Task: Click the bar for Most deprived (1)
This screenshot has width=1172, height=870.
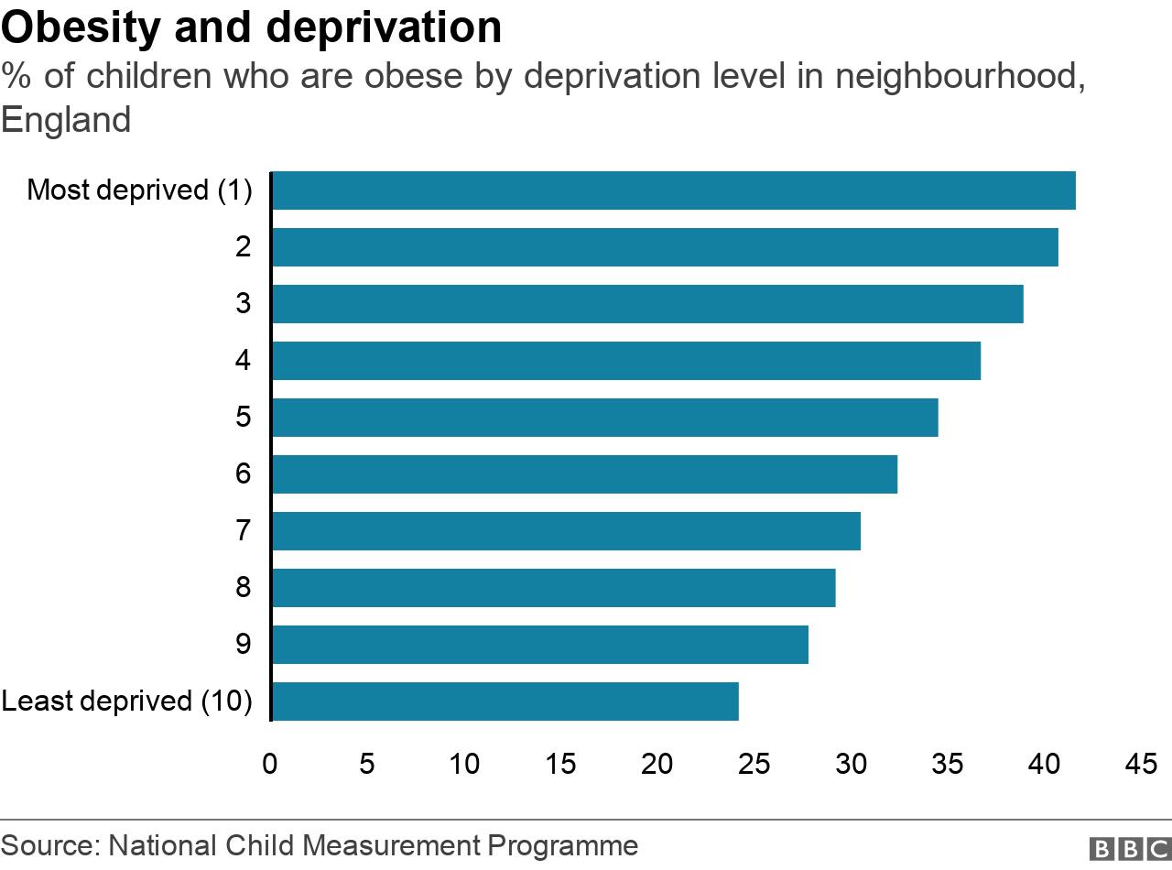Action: coord(673,190)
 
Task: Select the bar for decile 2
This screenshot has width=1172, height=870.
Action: coord(665,247)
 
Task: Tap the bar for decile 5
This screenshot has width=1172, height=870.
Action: coord(604,418)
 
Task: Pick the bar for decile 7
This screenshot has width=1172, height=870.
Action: coord(566,531)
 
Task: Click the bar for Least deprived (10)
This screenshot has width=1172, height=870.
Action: coord(505,701)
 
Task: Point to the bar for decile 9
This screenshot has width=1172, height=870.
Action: coord(540,645)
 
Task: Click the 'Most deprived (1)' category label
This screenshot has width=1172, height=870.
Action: coord(139,190)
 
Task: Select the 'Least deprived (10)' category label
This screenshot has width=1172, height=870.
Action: coord(126,701)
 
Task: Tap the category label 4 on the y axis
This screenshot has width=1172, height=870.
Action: coord(243,361)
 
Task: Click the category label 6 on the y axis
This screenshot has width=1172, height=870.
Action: coord(243,474)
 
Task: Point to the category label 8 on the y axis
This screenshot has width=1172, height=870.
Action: coord(243,588)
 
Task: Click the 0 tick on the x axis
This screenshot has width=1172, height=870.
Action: coord(270,763)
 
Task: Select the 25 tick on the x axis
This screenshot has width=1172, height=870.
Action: coord(754,763)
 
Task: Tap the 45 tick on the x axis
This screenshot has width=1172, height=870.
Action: coord(1142,763)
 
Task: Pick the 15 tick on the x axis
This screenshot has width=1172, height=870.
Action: coord(560,763)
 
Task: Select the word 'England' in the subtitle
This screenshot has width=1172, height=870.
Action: coord(66,120)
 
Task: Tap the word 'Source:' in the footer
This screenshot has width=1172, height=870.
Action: coord(50,845)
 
